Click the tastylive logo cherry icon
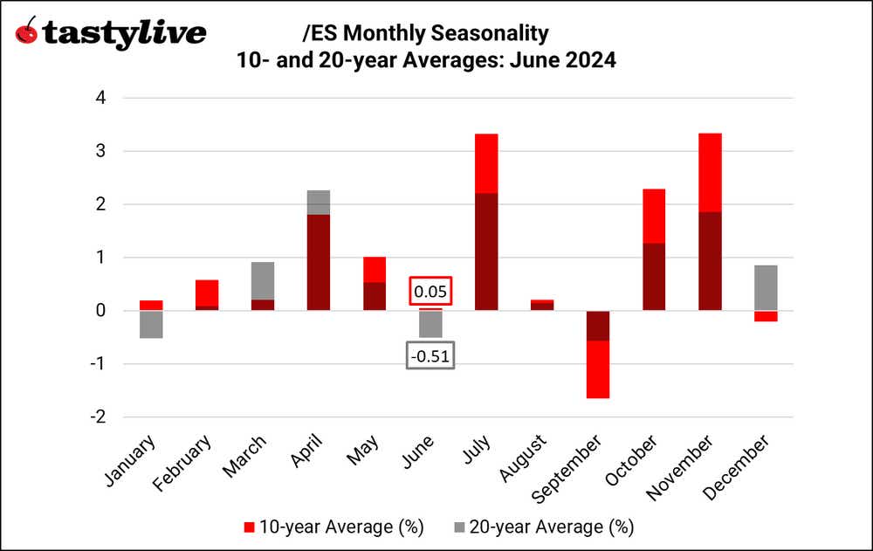(28, 32)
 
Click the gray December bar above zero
(765, 288)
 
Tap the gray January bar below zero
(150, 324)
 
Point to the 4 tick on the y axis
(101, 98)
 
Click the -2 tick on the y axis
(98, 417)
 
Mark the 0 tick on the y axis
(101, 311)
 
